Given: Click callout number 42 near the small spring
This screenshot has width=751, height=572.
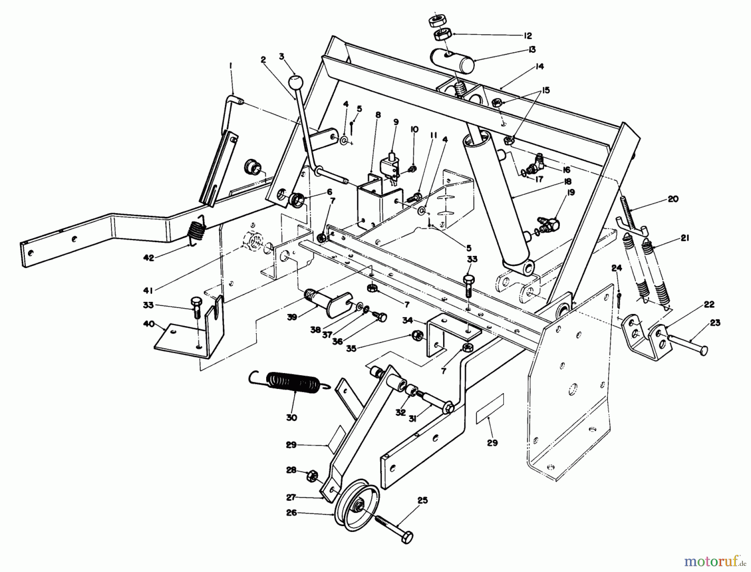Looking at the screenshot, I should (149, 258).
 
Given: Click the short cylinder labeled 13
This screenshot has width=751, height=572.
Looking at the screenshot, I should (456, 61).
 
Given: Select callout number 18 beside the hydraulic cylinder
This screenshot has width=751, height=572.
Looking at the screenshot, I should (568, 182).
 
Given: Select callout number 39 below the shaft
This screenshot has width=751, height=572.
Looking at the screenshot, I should (292, 317).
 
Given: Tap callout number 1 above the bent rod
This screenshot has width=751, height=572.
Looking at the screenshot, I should (230, 65).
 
